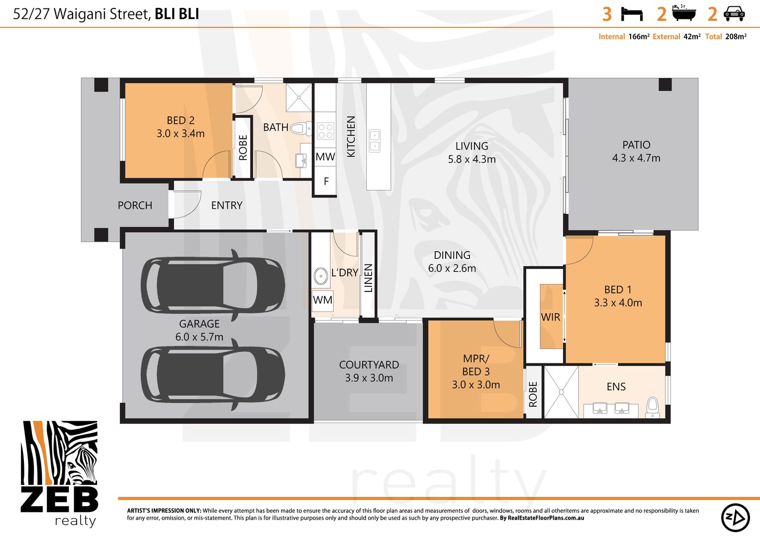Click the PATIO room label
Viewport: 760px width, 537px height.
point(636,145)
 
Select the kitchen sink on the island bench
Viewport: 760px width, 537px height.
point(374,140)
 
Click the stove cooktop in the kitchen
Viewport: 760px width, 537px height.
point(325,131)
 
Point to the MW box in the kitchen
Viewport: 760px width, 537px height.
point(325,157)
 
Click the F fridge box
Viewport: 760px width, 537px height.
point(326,181)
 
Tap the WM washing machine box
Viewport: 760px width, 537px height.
point(322,300)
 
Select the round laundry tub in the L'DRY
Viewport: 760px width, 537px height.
point(321,276)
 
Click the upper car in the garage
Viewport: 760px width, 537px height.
point(213,285)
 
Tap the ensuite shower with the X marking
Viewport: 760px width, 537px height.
point(561,392)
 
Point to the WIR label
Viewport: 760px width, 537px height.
point(551,317)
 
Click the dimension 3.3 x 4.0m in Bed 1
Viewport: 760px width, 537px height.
point(618,303)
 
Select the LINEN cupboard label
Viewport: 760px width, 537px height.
point(369,278)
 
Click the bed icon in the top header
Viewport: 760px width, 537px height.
point(632,14)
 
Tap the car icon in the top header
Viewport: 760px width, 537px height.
point(734,13)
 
